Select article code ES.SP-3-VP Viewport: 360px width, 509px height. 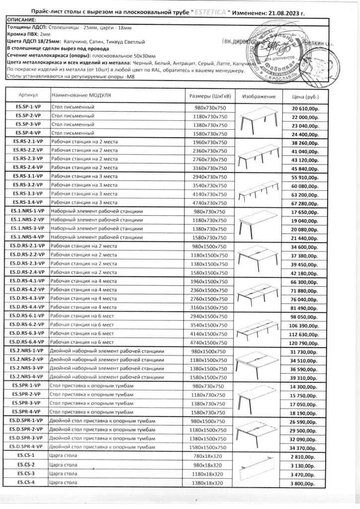point(28,124)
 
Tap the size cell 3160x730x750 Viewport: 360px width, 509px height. point(209,168)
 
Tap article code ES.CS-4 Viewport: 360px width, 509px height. point(28,482)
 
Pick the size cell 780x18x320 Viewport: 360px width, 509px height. point(209,456)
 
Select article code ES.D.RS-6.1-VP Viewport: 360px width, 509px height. point(28,317)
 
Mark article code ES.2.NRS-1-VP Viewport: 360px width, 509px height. point(28,351)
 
